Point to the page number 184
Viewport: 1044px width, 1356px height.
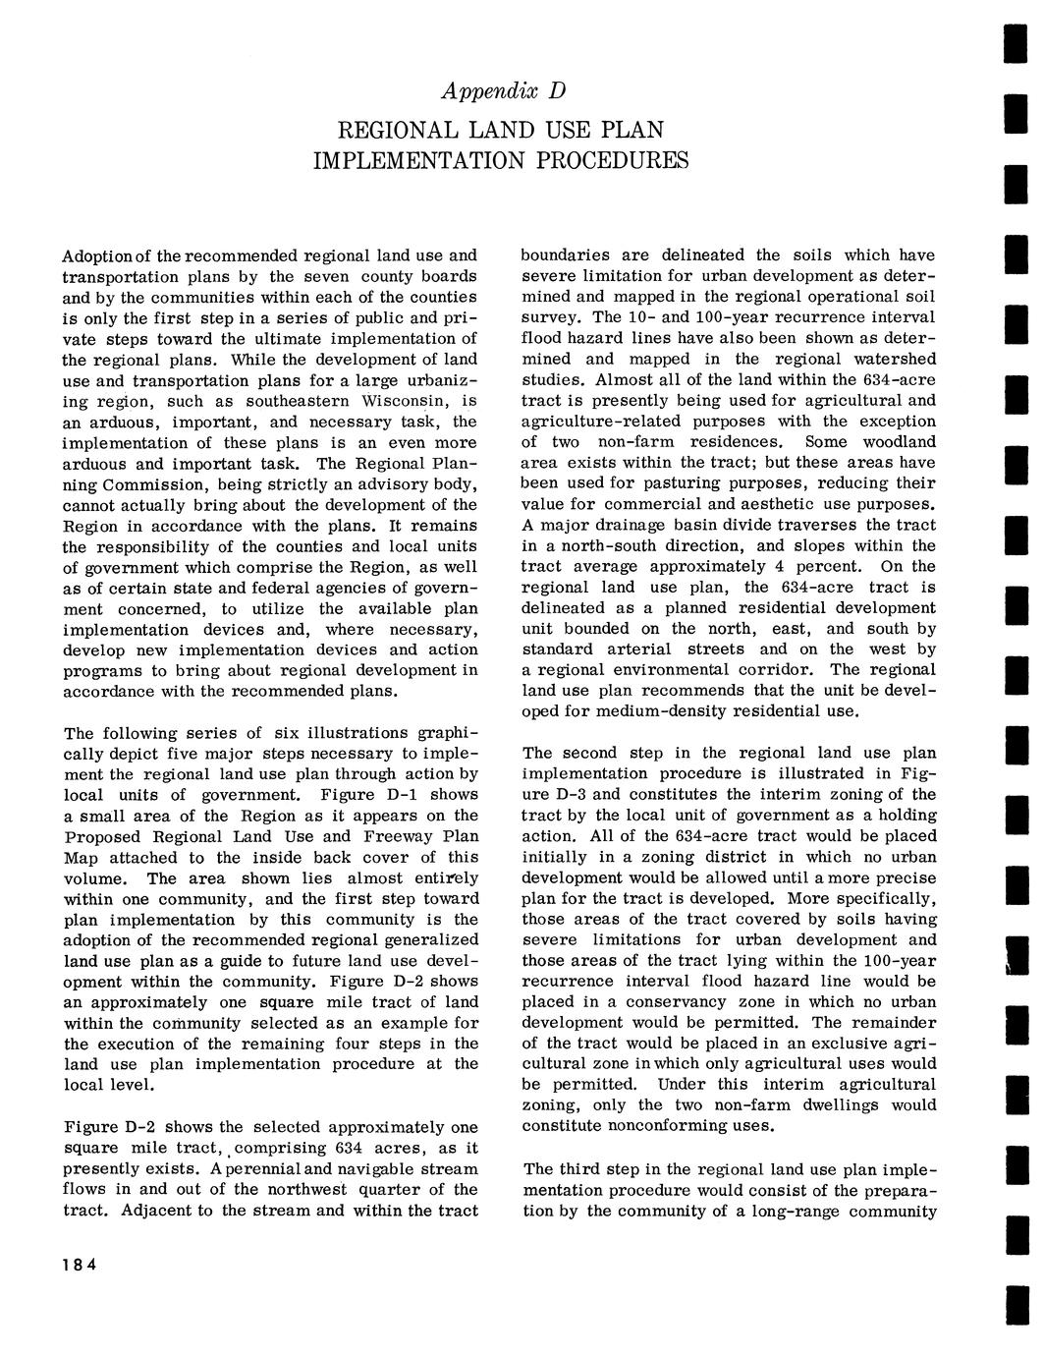(x=79, y=1264)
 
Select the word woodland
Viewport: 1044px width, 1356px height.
(x=894, y=442)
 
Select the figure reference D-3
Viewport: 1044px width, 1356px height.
(x=557, y=794)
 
